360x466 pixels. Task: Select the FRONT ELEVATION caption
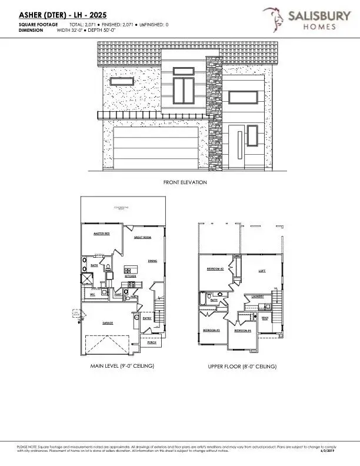(185, 182)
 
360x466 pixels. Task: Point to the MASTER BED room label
(103, 234)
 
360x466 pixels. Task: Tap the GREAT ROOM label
(143, 238)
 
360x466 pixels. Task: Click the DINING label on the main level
(152, 260)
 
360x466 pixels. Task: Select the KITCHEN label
(131, 275)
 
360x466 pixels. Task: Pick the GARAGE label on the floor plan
(108, 323)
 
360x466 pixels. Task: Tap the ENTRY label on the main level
(147, 318)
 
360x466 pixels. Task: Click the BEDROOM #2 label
(215, 268)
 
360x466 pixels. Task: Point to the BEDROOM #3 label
(211, 330)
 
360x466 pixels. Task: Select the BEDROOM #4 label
(242, 330)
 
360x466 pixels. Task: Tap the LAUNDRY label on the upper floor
(258, 296)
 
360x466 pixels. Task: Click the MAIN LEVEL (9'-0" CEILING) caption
(122, 366)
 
